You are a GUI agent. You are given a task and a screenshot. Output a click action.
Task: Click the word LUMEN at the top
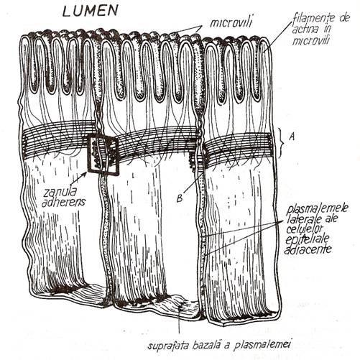[91, 11]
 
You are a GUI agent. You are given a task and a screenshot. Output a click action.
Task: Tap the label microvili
[231, 22]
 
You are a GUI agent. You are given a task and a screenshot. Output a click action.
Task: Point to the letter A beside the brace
[292, 137]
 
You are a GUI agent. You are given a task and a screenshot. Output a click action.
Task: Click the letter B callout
[180, 198]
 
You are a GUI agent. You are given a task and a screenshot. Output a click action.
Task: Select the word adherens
[63, 202]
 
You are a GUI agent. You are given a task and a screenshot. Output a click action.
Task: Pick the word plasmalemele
[317, 209]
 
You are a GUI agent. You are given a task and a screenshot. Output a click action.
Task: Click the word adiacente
[308, 249]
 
